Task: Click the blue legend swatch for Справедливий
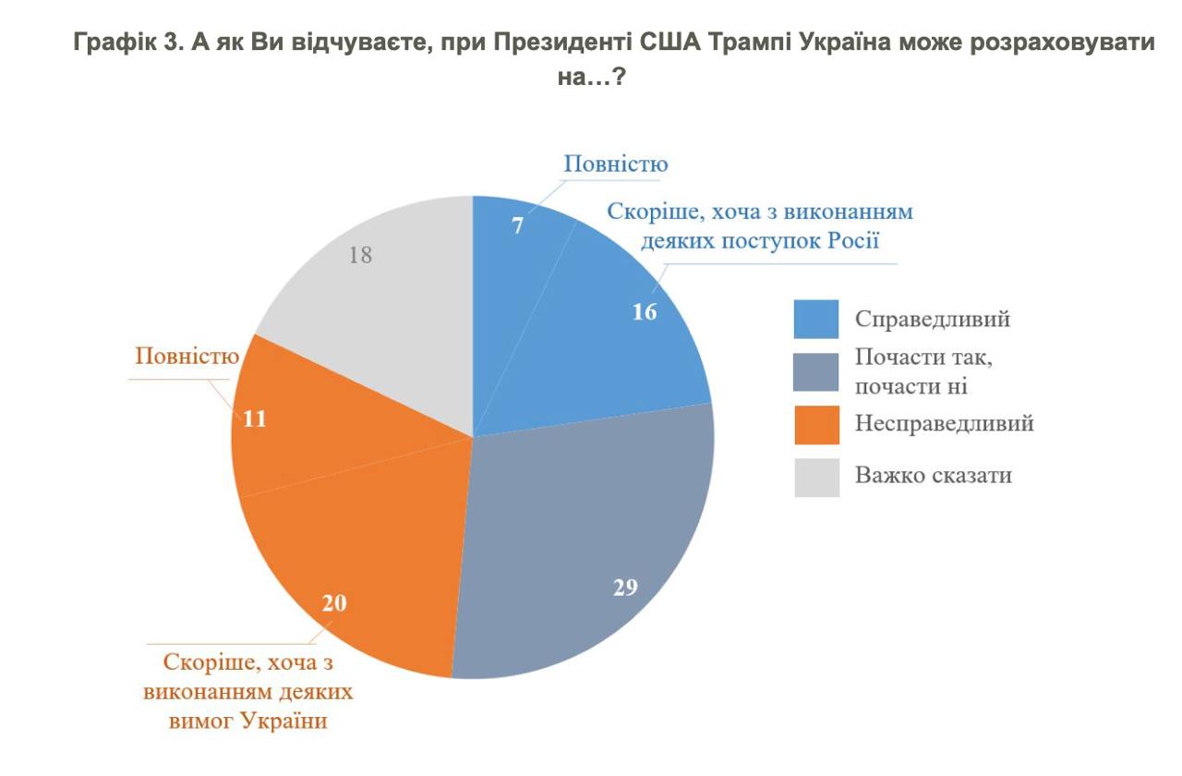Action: click(816, 319)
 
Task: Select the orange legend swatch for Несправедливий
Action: click(816, 424)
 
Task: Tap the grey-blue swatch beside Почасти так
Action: click(816, 371)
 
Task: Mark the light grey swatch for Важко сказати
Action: click(816, 477)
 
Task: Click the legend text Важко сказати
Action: click(934, 476)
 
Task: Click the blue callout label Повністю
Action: click(616, 164)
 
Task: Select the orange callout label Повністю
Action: click(187, 356)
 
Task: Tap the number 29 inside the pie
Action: click(626, 587)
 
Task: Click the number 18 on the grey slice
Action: click(360, 256)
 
